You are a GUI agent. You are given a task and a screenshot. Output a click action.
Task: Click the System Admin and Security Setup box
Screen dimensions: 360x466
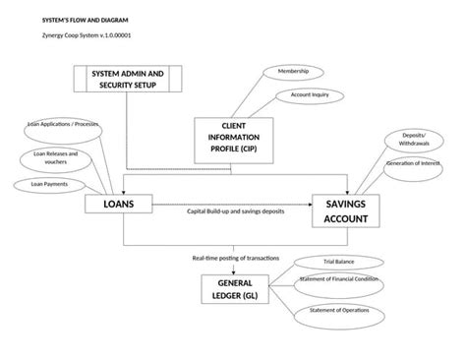[x=127, y=80]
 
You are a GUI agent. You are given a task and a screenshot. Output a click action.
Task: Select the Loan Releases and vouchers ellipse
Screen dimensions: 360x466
[x=55, y=157]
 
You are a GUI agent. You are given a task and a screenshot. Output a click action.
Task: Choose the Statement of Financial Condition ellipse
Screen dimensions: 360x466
[x=339, y=283]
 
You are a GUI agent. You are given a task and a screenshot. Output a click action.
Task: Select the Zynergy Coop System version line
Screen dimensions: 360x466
[x=80, y=35]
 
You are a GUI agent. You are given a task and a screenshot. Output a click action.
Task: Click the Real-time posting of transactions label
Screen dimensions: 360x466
[x=236, y=258]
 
